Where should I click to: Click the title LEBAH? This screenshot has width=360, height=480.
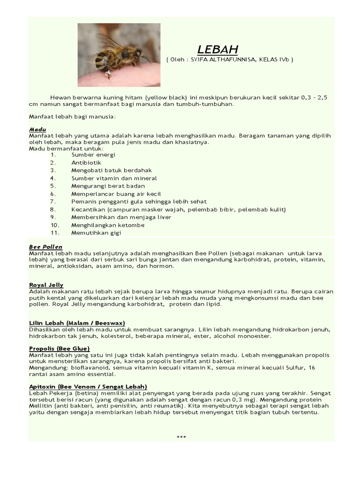(217, 50)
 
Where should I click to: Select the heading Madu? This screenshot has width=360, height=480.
(37, 128)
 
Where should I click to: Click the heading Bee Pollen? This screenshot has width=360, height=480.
(45, 247)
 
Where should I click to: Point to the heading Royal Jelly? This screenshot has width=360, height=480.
(46, 285)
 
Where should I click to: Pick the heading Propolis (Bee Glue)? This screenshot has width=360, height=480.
(59, 349)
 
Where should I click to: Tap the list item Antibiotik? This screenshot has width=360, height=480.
(86, 163)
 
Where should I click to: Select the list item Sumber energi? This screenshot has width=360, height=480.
(93, 155)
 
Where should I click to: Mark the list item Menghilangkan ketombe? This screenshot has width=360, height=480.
(108, 225)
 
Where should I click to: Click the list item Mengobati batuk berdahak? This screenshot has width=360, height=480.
(112, 170)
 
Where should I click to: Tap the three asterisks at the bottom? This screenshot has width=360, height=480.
(181, 437)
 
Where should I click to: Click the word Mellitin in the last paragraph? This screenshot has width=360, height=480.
(41, 405)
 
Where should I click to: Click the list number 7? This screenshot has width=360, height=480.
(53, 202)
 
